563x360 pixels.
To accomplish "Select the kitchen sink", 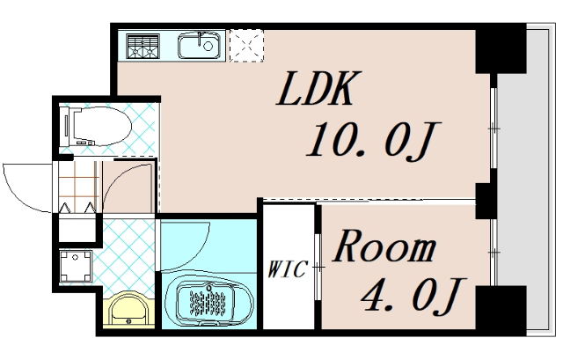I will point(201,45).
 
